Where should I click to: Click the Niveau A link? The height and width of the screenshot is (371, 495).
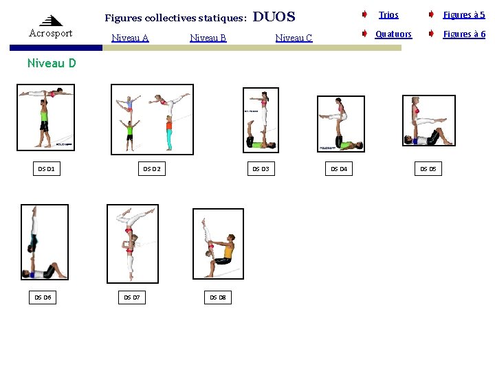click(130, 38)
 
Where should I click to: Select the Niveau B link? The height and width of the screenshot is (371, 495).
click(208, 38)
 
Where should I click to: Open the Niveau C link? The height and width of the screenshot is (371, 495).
click(294, 38)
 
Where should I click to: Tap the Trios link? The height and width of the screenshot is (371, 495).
click(388, 14)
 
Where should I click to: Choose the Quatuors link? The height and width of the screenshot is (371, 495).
click(393, 34)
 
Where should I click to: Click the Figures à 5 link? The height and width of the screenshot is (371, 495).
click(463, 14)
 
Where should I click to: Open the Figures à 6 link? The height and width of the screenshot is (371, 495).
click(463, 34)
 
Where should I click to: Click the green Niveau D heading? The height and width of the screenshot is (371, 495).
click(52, 63)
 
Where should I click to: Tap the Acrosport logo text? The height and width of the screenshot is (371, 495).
click(51, 33)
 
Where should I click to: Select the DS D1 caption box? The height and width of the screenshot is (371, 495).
click(47, 168)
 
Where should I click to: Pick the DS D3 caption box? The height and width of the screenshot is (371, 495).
click(261, 168)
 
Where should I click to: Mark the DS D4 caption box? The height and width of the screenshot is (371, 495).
click(339, 168)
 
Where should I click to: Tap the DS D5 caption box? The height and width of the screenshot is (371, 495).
click(428, 168)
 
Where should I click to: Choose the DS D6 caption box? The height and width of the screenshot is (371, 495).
click(43, 297)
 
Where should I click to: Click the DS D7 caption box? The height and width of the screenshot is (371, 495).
click(131, 297)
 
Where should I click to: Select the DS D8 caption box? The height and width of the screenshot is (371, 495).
click(217, 297)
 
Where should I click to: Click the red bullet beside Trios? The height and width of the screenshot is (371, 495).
click(364, 14)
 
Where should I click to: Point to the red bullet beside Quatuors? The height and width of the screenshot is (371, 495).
click(364, 33)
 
